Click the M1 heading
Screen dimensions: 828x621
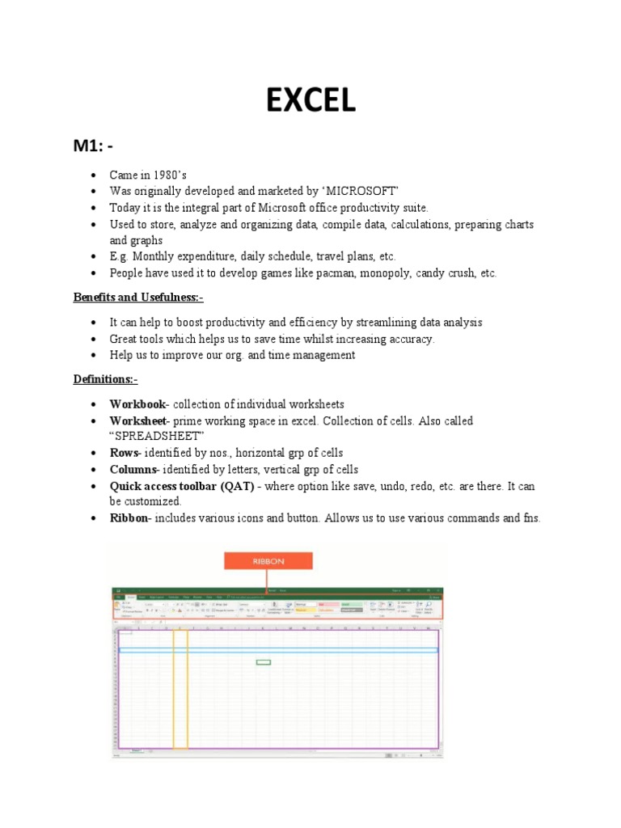[95, 146]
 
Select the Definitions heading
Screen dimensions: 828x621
[106, 379]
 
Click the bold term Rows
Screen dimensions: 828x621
[125, 453]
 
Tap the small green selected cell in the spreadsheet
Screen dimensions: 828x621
[264, 662]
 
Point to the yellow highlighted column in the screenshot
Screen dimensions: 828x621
[180, 687]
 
